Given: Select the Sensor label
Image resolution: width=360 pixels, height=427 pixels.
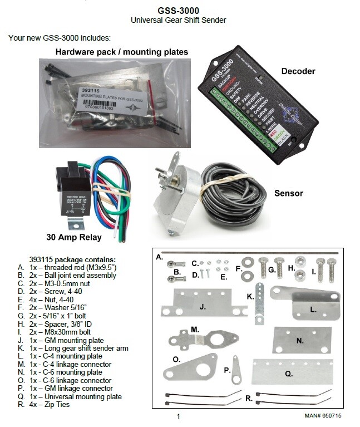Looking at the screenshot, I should coord(289,193).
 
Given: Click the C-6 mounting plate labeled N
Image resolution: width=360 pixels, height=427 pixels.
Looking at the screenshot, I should coord(299,340).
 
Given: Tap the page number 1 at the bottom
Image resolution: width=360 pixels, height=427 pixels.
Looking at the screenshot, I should coord(178,416).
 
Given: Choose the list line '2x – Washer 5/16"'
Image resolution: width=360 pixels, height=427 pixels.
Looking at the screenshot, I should coord(58,306).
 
